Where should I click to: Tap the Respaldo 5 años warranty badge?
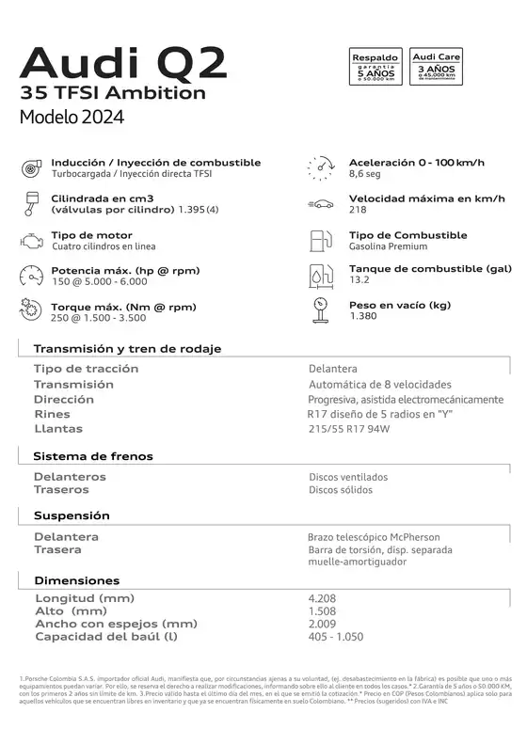coord(375,68)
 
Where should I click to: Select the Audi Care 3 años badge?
coord(437,68)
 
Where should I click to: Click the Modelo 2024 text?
coord(72,118)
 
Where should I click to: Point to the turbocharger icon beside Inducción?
coord(30,168)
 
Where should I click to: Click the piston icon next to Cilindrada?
coord(30,203)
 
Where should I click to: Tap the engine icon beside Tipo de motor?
coord(30,240)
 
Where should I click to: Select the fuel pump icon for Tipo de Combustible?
coord(321,240)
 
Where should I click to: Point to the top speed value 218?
coord(358,210)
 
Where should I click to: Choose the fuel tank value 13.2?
coord(359,280)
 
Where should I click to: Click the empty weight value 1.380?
coord(362,316)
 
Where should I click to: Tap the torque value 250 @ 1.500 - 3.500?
coord(99,318)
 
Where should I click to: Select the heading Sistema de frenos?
coord(93,456)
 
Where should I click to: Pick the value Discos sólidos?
coord(341,490)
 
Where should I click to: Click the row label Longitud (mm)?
coord(85,598)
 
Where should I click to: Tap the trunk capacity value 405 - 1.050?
coord(335,637)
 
